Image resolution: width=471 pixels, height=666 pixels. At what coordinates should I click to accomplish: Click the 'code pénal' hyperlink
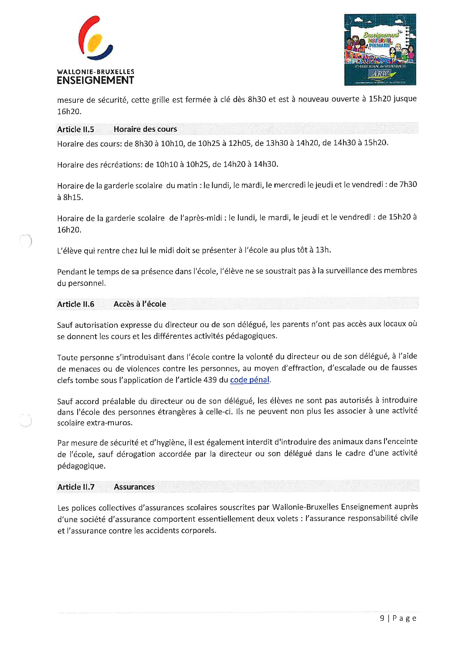[x=249, y=380]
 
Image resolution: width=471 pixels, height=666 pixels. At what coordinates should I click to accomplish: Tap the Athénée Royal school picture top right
[x=380, y=50]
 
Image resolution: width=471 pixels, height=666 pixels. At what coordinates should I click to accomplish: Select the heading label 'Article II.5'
[x=76, y=129]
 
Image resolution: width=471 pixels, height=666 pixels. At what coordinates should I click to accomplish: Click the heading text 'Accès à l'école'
[x=140, y=304]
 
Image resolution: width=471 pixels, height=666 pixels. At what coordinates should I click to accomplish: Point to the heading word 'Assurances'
[x=134, y=487]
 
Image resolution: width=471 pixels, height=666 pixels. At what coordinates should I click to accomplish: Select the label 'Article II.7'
[x=76, y=487]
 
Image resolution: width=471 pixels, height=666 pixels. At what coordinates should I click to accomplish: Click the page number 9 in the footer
[x=382, y=618]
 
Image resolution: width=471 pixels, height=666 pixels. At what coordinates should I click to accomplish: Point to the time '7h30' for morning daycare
[x=408, y=184]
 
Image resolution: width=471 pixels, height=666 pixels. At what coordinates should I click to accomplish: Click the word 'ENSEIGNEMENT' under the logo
[x=95, y=80]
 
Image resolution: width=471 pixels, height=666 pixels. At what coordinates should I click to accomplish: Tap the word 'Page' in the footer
[x=404, y=618]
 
